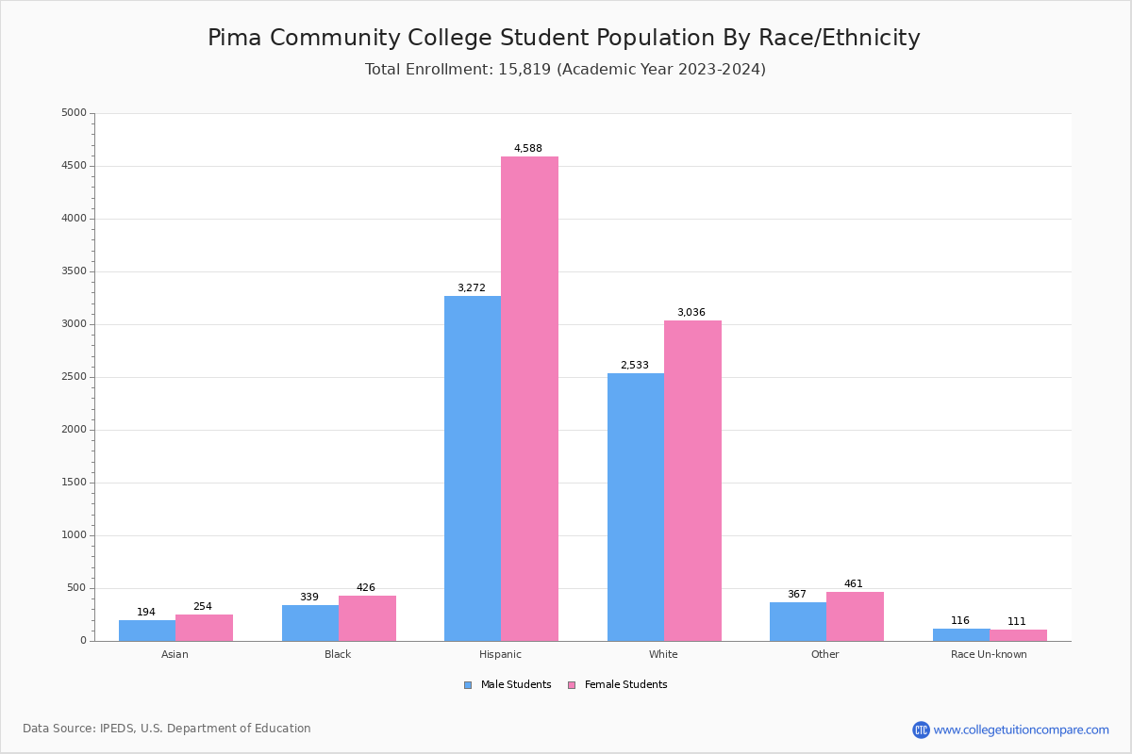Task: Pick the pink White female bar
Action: pyautogui.click(x=692, y=481)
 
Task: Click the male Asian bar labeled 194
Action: pyautogui.click(x=147, y=631)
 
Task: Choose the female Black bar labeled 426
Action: pyautogui.click(x=367, y=618)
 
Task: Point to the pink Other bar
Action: pyautogui.click(x=855, y=616)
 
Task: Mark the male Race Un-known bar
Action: pyautogui.click(x=961, y=635)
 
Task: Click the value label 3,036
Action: pyautogui.click(x=691, y=313)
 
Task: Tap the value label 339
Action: pyautogui.click(x=309, y=598)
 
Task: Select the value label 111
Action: pyautogui.click(x=1016, y=622)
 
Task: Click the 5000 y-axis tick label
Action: pyautogui.click(x=75, y=113)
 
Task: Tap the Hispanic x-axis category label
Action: pyautogui.click(x=500, y=654)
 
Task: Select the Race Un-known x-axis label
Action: pyautogui.click(x=989, y=654)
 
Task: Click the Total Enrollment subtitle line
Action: pyautogui.click(x=565, y=70)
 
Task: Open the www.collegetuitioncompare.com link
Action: pyautogui.click(x=1021, y=729)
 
